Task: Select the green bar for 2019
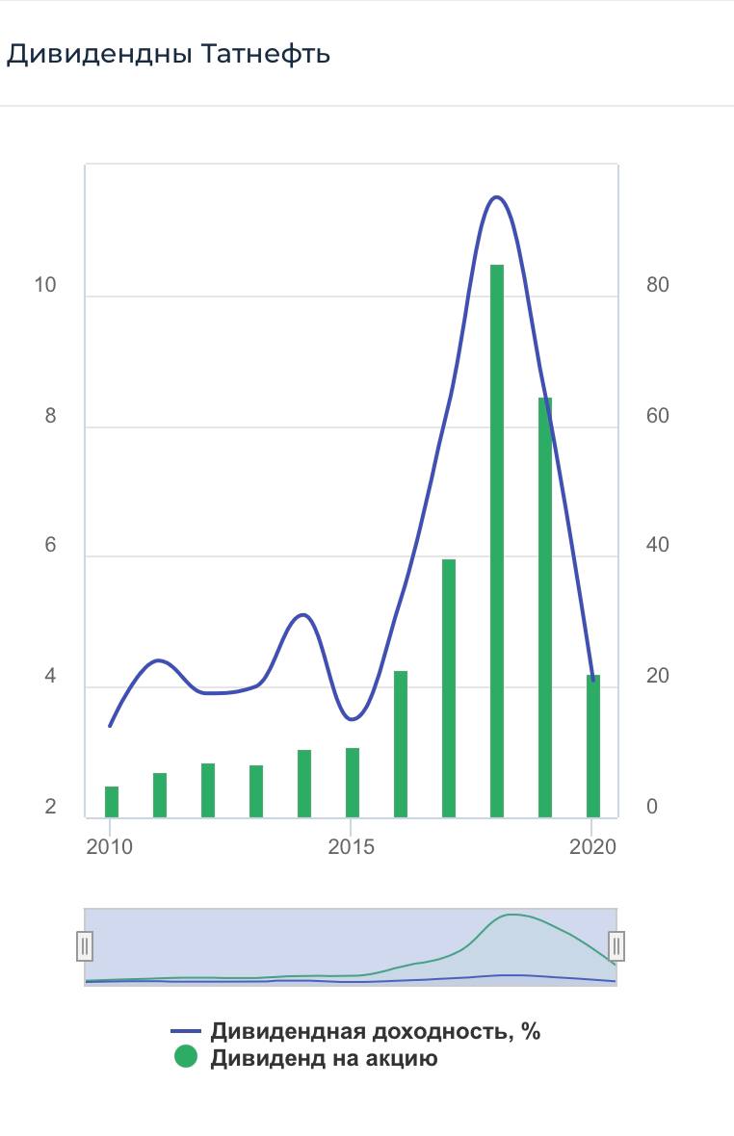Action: click(x=545, y=607)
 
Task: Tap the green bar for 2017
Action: click(x=449, y=687)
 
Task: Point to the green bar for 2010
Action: click(x=112, y=801)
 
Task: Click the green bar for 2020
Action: click(x=593, y=745)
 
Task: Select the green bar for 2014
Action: click(x=304, y=783)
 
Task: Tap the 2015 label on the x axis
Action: click(x=352, y=847)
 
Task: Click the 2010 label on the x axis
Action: click(x=111, y=847)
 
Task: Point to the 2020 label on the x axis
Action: click(x=592, y=847)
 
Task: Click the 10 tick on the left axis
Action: click(x=45, y=286)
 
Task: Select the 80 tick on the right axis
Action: click(x=658, y=286)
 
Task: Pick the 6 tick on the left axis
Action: click(x=50, y=546)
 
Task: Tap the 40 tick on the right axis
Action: click(x=658, y=546)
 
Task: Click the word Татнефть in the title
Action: click(x=266, y=54)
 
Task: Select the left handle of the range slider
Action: click(x=85, y=946)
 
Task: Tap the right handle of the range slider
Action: click(x=616, y=946)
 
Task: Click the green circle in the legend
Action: click(x=185, y=1058)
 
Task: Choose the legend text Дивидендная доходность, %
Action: click(x=376, y=1032)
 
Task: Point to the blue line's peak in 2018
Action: click(x=496, y=197)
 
